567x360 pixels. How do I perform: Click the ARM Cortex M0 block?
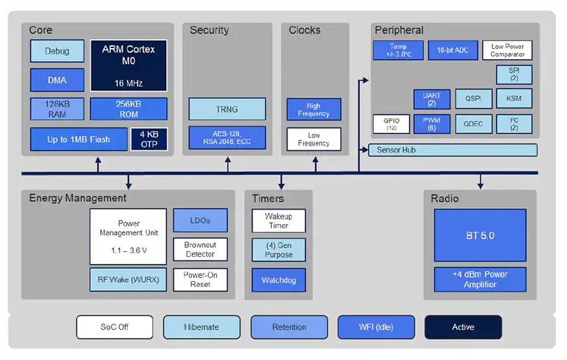[128, 65]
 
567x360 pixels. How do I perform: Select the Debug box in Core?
[57, 52]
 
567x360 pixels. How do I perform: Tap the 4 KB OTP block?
[149, 139]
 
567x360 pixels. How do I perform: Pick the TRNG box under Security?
[227, 109]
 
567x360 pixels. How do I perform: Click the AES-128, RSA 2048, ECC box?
[227, 137]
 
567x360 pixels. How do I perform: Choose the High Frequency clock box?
[314, 109]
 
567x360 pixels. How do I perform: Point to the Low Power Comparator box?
[507, 50]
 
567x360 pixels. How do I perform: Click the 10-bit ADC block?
[453, 51]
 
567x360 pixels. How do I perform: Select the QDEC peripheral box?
[474, 124]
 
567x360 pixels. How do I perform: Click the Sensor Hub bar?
[453, 150]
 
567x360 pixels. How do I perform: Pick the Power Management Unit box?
[128, 236]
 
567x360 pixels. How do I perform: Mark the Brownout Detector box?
[200, 249]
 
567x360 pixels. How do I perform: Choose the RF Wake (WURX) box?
[128, 280]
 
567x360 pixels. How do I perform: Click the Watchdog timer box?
[279, 280]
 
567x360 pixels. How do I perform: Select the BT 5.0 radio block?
[480, 236]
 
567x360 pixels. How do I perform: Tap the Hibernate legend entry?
[202, 327]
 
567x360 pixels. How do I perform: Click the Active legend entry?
[462, 327]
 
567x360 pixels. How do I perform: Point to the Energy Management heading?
[77, 198]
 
